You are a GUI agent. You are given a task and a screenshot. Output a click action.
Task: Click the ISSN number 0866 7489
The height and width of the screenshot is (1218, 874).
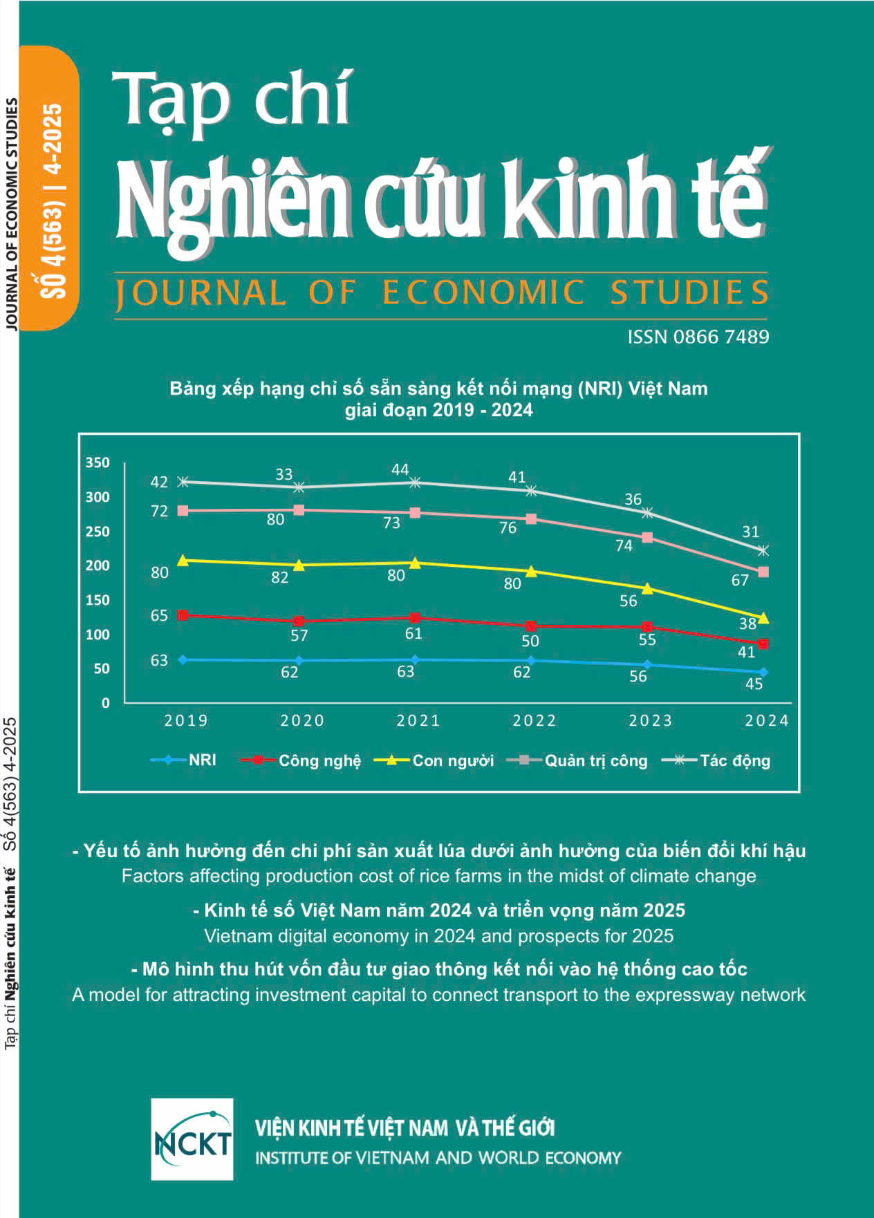click(x=698, y=337)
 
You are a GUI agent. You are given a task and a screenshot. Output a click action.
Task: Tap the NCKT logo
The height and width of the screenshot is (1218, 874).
click(x=192, y=1139)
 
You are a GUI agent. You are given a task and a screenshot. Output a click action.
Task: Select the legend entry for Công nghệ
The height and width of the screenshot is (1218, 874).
click(x=301, y=760)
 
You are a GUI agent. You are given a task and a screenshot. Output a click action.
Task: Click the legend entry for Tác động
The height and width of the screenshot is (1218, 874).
click(x=716, y=760)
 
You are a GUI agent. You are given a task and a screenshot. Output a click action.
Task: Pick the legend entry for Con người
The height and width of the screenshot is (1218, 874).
click(x=434, y=760)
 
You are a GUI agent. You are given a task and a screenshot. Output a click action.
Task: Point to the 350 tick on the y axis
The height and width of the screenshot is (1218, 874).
click(x=97, y=462)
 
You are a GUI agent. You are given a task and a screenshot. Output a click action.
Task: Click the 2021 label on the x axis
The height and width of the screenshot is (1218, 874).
click(x=418, y=720)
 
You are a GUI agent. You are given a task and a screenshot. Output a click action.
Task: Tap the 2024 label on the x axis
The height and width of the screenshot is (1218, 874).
click(x=766, y=720)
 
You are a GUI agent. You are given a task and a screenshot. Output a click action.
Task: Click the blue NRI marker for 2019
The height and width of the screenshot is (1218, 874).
click(x=183, y=659)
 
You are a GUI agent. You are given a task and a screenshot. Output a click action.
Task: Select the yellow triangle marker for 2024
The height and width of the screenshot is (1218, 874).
click(x=763, y=617)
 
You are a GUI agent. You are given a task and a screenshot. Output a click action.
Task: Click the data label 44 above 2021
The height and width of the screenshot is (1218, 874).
click(x=400, y=470)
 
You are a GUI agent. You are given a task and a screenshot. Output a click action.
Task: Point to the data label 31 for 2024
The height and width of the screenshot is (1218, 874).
click(x=750, y=532)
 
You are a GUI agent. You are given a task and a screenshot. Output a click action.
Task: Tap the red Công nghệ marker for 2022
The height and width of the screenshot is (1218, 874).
click(x=531, y=626)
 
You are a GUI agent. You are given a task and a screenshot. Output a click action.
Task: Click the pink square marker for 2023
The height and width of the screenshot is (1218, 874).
click(x=647, y=537)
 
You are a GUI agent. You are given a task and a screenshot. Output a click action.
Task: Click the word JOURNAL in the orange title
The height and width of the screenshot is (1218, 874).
click(x=201, y=292)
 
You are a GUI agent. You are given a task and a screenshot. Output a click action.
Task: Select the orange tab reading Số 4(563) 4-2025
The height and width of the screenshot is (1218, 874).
click(x=50, y=188)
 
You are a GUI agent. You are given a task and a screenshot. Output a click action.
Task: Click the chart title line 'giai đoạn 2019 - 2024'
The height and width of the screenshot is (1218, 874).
click(x=438, y=410)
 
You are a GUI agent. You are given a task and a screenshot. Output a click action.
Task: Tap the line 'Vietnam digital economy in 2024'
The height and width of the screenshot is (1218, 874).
click(x=438, y=936)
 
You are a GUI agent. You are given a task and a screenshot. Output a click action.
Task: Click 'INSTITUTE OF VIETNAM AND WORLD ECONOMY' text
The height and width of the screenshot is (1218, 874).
click(x=438, y=1158)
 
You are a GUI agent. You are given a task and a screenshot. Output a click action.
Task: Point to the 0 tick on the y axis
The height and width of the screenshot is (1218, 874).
click(x=105, y=703)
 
